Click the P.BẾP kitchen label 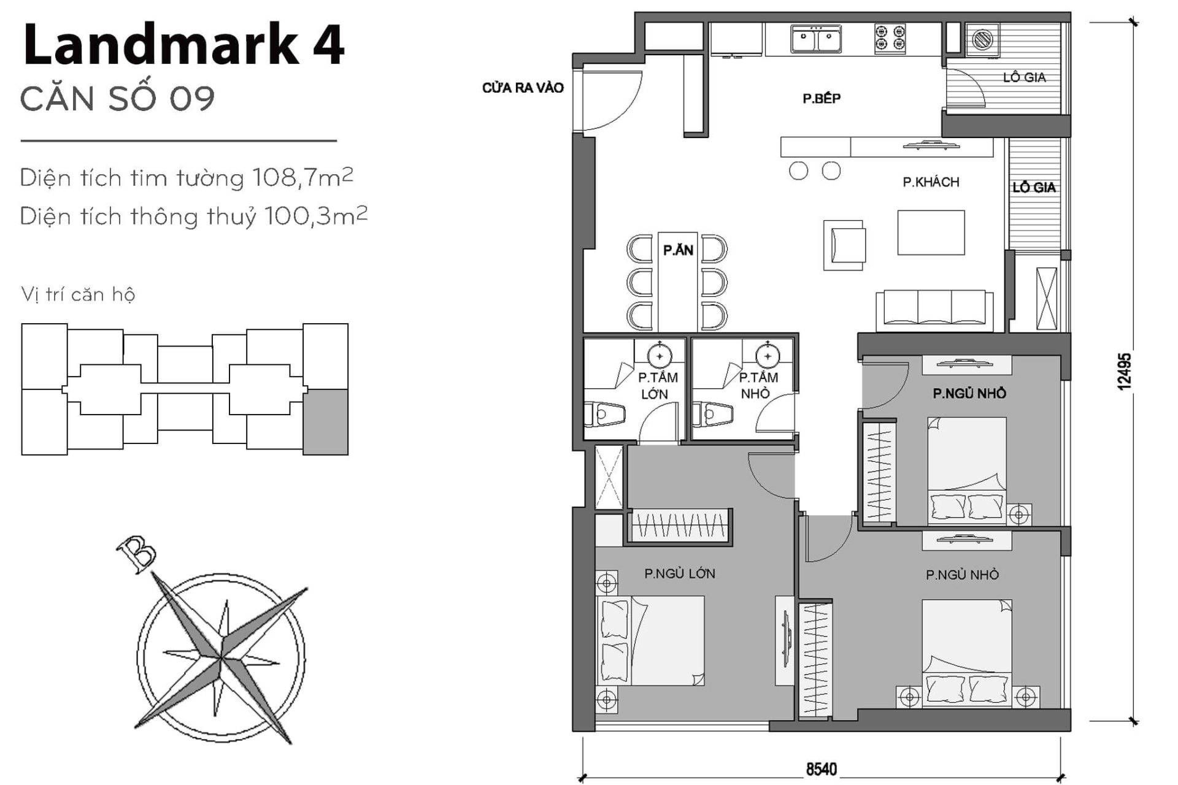click(x=822, y=98)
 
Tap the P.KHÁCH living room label click(x=931, y=182)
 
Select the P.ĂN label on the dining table click(x=678, y=250)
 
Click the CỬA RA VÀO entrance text click(x=522, y=88)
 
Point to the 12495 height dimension click(x=1124, y=371)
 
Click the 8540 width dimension click(x=822, y=769)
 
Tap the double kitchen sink click(x=815, y=40)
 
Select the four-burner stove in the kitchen click(x=890, y=38)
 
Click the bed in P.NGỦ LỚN click(x=650, y=641)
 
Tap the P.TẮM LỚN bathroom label click(x=656, y=386)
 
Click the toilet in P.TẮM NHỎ click(x=712, y=415)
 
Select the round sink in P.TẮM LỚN click(x=660, y=356)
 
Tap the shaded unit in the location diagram click(x=325, y=422)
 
